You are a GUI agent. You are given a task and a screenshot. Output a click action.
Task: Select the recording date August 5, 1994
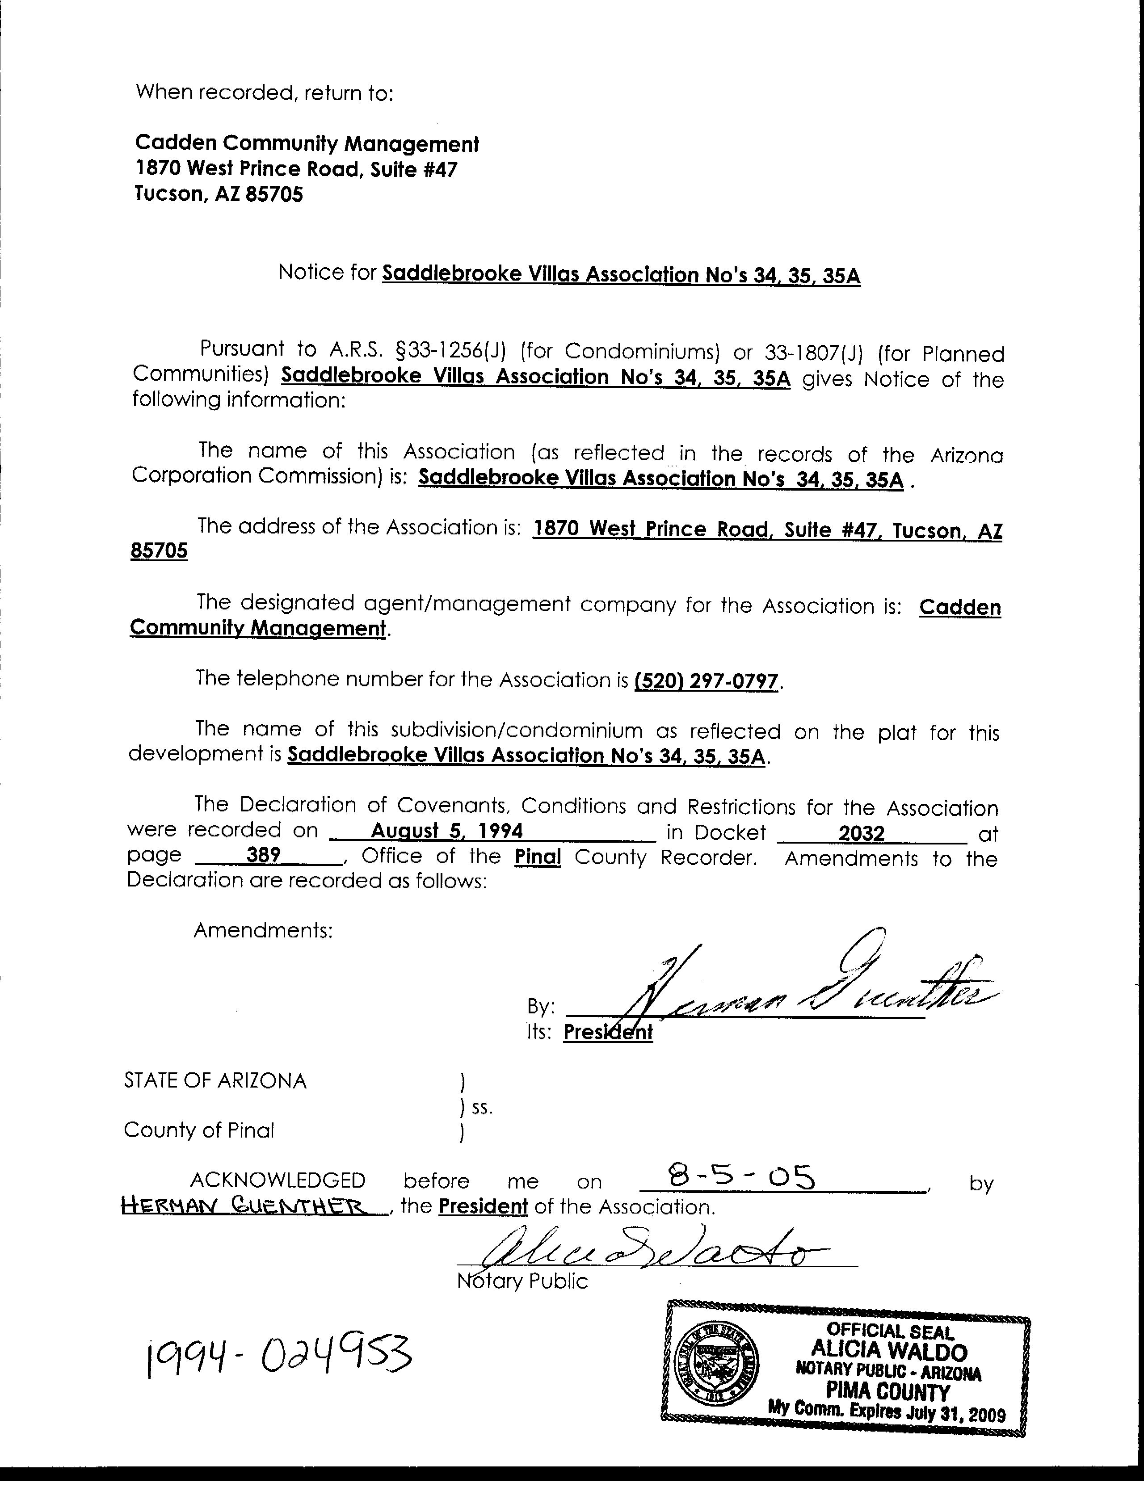[447, 832]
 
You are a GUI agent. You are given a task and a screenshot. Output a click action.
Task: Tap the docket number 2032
[862, 833]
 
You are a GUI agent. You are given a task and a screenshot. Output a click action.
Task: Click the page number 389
[264, 855]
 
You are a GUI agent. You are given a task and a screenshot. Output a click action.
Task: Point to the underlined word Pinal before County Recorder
[537, 857]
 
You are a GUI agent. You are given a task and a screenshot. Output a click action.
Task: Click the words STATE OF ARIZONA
[215, 1080]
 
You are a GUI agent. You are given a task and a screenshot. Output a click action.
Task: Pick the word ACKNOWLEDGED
[278, 1180]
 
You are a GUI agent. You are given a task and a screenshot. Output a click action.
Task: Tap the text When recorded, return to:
[265, 92]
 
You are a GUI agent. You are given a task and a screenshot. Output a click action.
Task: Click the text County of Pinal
[199, 1130]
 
